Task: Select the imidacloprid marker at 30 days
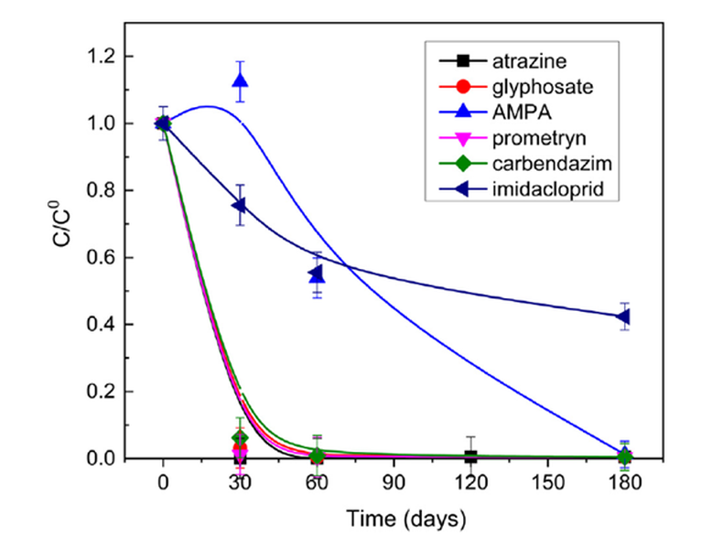tap(240, 205)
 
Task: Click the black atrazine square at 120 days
tap(470, 456)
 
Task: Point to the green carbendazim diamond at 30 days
tap(240, 439)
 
